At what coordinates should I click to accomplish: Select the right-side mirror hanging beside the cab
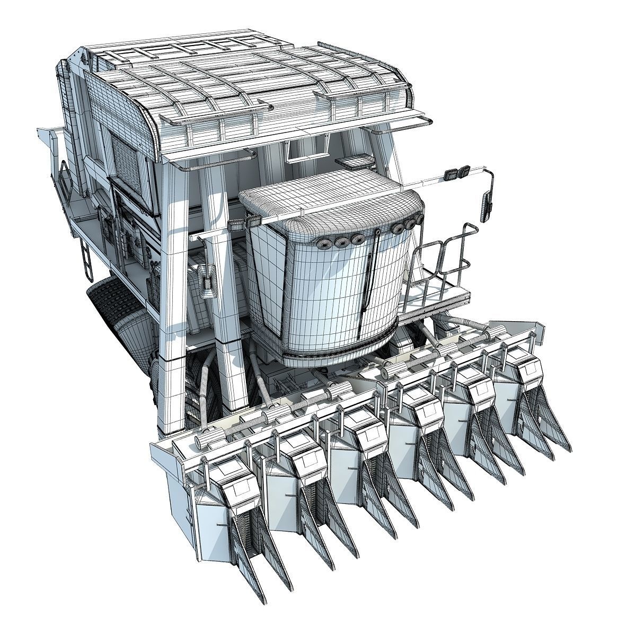coord(485,205)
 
